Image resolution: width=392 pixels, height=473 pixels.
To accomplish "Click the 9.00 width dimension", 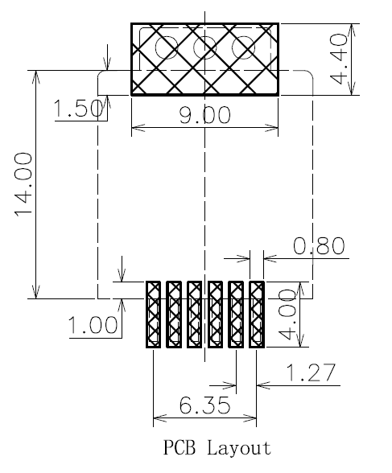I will [204, 115].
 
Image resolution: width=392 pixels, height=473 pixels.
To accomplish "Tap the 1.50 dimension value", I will [77, 109].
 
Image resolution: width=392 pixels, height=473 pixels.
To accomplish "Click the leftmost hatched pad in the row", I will [153, 314].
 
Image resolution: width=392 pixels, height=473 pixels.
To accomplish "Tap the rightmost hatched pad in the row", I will [257, 314].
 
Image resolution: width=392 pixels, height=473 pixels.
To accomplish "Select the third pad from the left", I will [194, 314].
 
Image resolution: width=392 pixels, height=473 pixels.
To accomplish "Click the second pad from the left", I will [173, 314].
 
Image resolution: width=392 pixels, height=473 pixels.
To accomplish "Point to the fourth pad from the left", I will [215, 314].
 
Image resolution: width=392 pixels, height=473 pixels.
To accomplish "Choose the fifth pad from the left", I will [236, 314].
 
